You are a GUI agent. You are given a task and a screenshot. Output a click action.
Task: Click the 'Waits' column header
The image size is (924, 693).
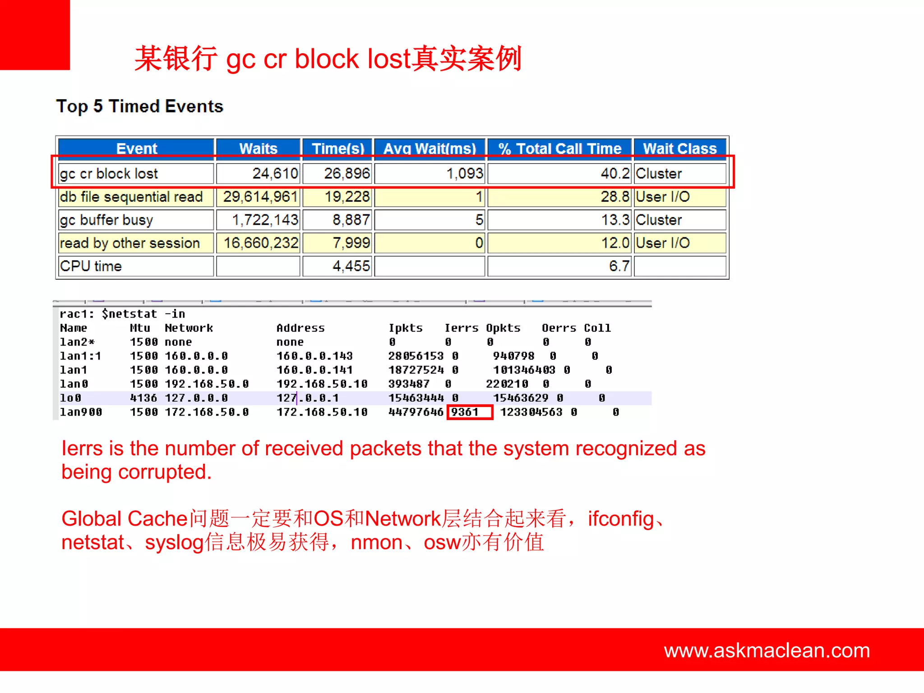pyautogui.click(x=258, y=148)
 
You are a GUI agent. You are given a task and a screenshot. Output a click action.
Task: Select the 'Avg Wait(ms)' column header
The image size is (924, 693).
pyautogui.click(x=430, y=148)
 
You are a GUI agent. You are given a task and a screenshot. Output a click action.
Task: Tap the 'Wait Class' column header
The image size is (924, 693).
pyautogui.click(x=679, y=148)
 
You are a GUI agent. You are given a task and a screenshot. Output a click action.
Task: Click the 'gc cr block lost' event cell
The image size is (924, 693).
pyautogui.click(x=109, y=174)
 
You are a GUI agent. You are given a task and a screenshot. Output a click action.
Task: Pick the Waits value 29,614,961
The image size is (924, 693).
pyautogui.click(x=260, y=197)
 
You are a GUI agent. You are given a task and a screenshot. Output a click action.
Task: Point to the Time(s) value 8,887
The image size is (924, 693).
pyautogui.click(x=351, y=220)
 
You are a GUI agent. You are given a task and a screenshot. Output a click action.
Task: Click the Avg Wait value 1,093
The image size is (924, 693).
pyautogui.click(x=464, y=174)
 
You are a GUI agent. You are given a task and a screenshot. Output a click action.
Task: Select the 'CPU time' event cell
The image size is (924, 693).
pyautogui.click(x=91, y=266)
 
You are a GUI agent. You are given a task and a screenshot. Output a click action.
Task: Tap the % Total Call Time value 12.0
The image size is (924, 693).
pyautogui.click(x=615, y=243)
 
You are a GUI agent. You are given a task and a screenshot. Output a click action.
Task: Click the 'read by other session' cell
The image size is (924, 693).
pyautogui.click(x=130, y=243)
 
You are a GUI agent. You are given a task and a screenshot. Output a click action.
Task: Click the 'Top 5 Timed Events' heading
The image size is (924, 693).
pyautogui.click(x=139, y=106)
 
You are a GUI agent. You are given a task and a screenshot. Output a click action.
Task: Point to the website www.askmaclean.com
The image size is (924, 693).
pyautogui.click(x=767, y=650)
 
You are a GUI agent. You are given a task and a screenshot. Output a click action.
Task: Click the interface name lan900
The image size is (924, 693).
pyautogui.click(x=81, y=412)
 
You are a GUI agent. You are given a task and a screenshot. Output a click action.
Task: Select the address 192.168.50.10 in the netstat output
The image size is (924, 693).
pyautogui.click(x=322, y=384)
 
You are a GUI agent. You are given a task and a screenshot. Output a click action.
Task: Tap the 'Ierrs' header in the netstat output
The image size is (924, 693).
pyautogui.click(x=461, y=328)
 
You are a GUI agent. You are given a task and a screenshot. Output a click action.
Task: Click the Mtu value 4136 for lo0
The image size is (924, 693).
pyautogui.click(x=143, y=398)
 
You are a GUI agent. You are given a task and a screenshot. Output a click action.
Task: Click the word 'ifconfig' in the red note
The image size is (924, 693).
pyautogui.click(x=621, y=518)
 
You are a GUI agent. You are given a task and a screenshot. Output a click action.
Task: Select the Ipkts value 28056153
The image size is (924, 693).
pyautogui.click(x=416, y=356)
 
